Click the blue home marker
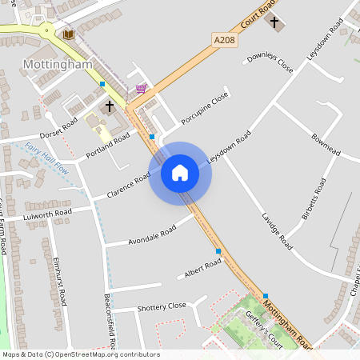[180, 173]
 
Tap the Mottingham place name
[58, 63]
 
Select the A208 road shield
[224, 38]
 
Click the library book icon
[68, 34]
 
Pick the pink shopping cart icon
[141, 89]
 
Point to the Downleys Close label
[270, 63]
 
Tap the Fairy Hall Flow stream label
[48, 158]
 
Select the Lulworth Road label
[48, 214]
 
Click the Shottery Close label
[161, 306]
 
